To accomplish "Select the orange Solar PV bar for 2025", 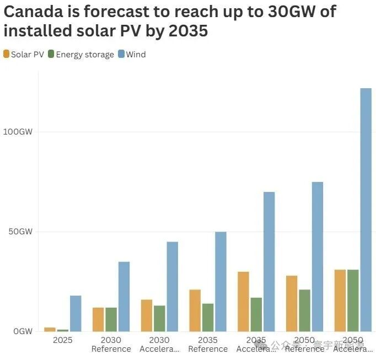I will click(50, 329).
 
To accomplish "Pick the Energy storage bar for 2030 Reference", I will click(111, 319).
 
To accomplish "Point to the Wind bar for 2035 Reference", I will click(221, 281).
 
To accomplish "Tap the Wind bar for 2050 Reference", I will click(318, 256).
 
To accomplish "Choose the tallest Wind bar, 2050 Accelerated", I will click(366, 209).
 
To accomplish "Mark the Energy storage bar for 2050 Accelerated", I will click(353, 300).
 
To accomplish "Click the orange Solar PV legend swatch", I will click(6, 54).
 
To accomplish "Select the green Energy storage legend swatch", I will click(51, 54).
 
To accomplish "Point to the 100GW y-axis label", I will click(18, 132).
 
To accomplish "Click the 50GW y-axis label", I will click(20, 232).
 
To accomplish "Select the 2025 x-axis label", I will click(62, 340).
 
